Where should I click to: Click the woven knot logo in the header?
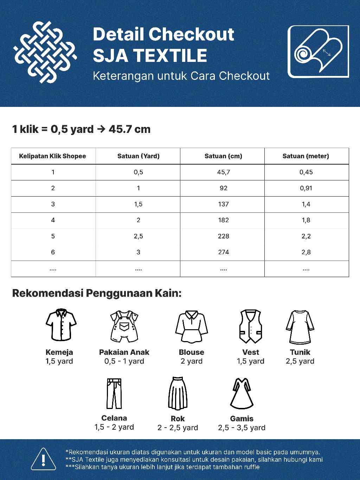click(45, 52)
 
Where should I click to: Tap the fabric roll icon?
click(318, 51)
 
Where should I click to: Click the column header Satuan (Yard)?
click(138, 156)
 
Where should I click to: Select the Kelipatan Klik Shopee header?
click(52, 156)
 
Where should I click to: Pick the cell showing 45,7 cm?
click(223, 172)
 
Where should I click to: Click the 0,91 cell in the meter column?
click(306, 188)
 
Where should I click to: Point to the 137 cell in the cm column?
click(223, 204)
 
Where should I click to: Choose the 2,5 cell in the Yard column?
click(138, 236)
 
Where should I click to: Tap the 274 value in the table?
click(223, 252)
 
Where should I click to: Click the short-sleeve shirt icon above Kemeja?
click(61, 325)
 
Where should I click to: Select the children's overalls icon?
click(124, 326)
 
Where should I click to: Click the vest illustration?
click(250, 326)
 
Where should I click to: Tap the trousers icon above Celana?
click(114, 393)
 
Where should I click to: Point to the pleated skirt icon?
click(178, 393)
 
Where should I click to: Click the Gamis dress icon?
click(242, 393)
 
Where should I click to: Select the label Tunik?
click(300, 352)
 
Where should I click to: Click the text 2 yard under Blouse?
click(191, 361)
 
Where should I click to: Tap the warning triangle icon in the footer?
click(43, 459)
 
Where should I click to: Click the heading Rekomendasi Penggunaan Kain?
click(97, 293)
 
